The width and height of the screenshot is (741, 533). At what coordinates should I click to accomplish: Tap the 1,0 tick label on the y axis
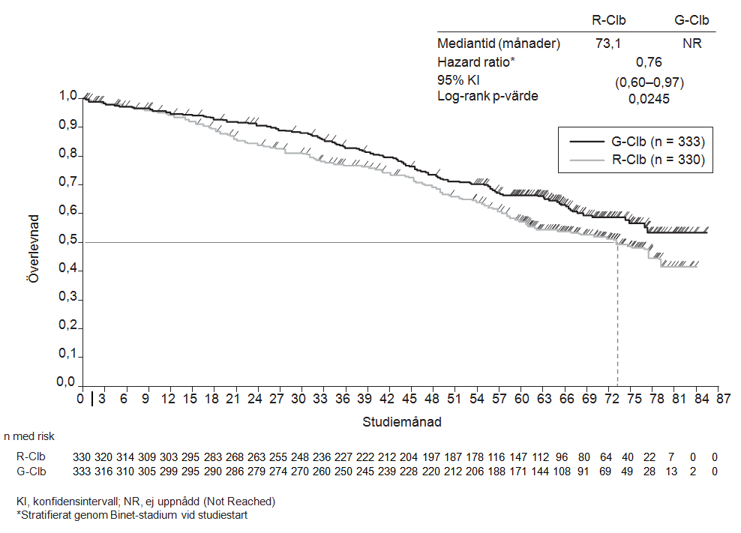click(x=68, y=97)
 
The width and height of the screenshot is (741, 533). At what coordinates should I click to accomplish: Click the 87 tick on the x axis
click(x=718, y=399)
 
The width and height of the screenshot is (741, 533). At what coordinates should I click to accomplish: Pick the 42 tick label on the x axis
click(x=387, y=399)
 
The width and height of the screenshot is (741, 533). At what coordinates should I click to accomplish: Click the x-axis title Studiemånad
click(x=402, y=421)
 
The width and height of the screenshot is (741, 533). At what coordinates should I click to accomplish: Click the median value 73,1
click(x=608, y=43)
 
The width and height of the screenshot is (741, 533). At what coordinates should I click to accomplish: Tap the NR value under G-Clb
click(x=691, y=43)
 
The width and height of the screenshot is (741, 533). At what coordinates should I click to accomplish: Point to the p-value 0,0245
click(x=649, y=98)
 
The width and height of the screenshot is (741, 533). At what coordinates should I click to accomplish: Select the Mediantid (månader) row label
click(x=499, y=43)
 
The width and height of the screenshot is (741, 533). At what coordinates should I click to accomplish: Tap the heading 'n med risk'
click(x=29, y=436)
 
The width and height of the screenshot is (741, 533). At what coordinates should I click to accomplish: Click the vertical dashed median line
click(x=617, y=315)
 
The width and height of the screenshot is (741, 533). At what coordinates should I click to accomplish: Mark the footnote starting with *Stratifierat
click(x=132, y=515)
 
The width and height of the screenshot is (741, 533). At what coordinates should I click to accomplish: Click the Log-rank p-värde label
click(x=487, y=95)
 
